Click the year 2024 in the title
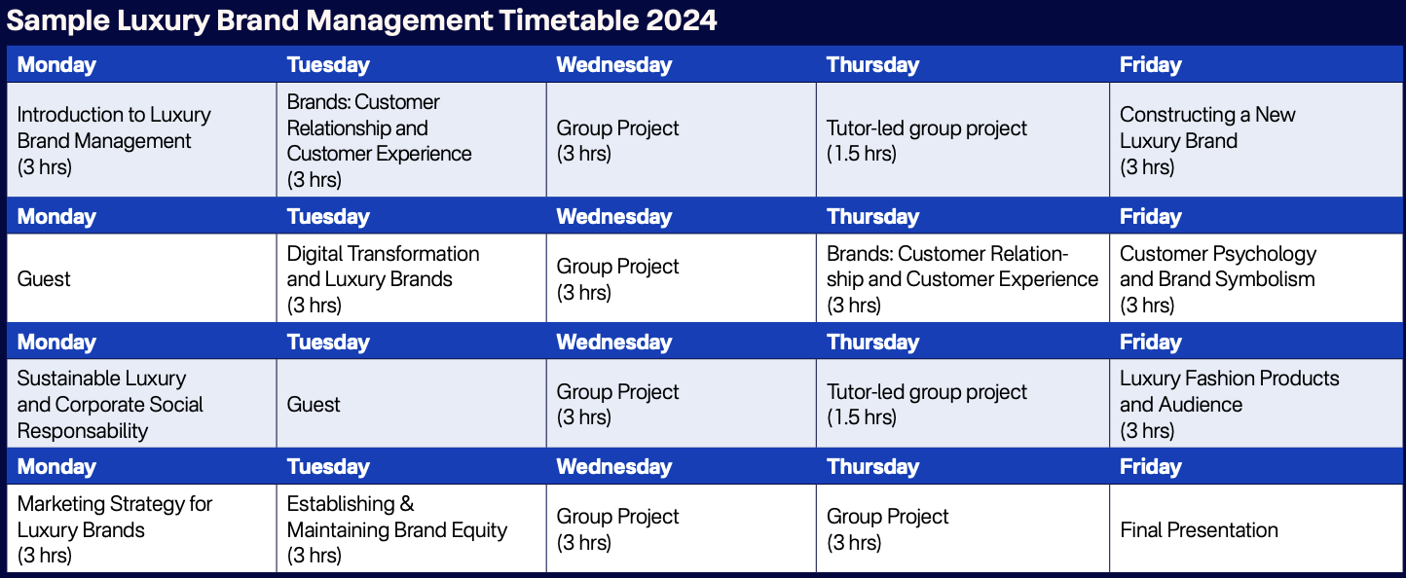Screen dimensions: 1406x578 pos(681,20)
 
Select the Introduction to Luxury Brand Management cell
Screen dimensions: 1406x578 pos(142,140)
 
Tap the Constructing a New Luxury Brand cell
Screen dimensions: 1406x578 pos(1255,140)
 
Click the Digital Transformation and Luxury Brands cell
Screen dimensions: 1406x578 pos(411,278)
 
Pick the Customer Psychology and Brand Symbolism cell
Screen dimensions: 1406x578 pos(1255,278)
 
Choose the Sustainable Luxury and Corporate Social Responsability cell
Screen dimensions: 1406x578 pos(142,404)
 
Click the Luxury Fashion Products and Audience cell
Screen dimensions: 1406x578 pos(1255,404)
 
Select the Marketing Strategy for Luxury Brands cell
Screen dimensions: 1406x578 pos(142,528)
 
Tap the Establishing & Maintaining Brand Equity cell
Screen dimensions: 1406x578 pos(411,528)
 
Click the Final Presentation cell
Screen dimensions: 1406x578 pos(1255,528)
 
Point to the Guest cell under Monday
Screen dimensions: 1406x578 pos(142,278)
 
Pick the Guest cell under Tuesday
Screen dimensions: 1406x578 pos(411,404)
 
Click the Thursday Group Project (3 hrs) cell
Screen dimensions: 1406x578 pos(963,528)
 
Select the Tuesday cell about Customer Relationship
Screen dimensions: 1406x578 pos(411,140)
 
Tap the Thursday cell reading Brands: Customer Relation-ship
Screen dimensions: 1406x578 pos(963,278)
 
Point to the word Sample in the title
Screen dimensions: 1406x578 pos(57,20)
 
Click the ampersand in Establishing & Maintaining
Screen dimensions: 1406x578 pos(407,503)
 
